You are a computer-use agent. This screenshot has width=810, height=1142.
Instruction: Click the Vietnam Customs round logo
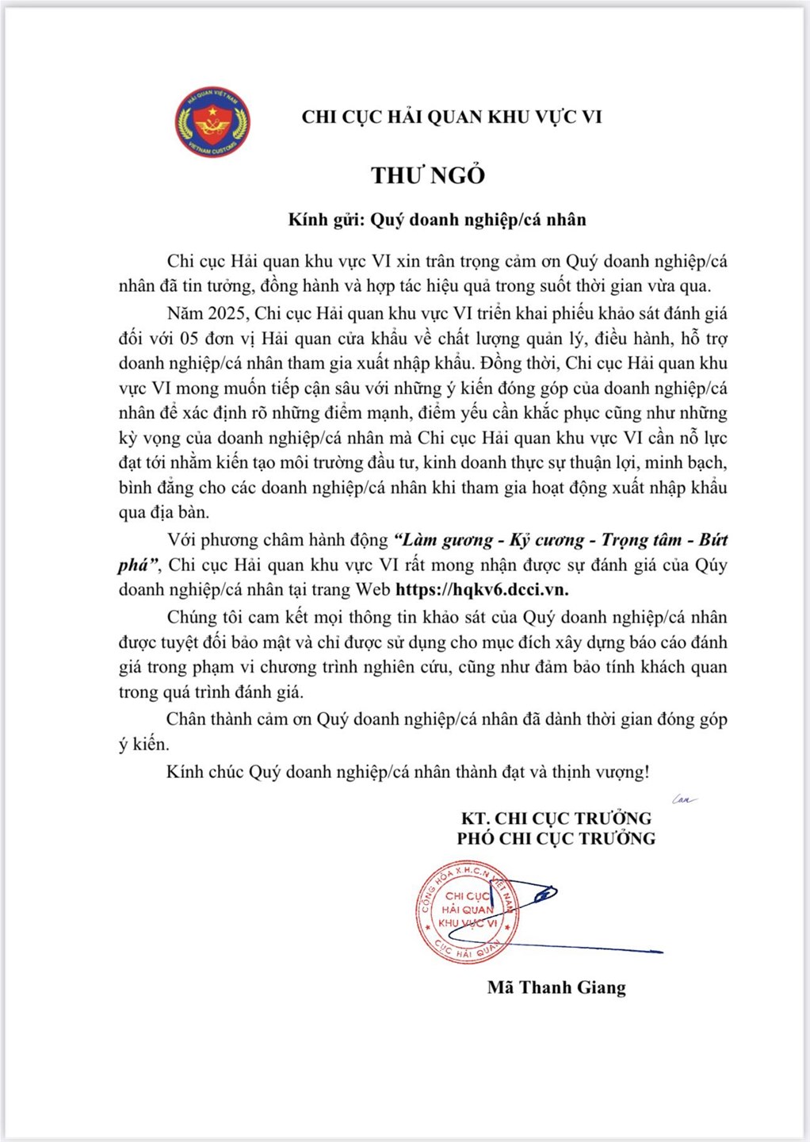tap(212, 122)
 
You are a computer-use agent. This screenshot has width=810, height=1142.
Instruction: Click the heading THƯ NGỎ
tap(428, 175)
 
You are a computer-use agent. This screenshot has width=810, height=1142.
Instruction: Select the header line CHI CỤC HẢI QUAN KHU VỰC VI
tap(452, 117)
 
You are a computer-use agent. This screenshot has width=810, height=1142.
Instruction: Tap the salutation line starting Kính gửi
tap(437, 220)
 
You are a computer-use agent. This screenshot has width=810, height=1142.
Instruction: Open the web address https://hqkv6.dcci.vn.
tap(482, 589)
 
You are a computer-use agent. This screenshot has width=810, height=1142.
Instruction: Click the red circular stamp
tap(468, 912)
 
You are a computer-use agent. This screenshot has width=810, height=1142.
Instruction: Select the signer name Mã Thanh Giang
tap(556, 987)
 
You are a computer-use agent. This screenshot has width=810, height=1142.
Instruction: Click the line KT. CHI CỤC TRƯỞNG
tap(556, 818)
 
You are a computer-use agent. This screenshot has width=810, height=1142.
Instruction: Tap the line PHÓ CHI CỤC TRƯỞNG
tap(556, 839)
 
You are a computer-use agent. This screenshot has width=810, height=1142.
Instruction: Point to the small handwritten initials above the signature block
tap(684, 799)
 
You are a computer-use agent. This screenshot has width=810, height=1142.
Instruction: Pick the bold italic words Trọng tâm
tap(641, 540)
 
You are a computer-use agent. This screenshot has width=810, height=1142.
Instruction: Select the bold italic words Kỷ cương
tap(548, 540)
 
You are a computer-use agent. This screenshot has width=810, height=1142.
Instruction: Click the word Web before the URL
tap(373, 589)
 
